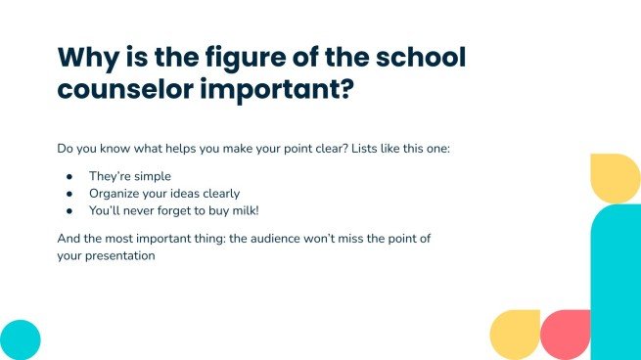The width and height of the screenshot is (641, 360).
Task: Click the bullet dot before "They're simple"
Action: pos(69,176)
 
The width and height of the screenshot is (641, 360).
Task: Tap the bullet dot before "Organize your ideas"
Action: pos(69,193)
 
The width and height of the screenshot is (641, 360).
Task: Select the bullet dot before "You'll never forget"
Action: pos(69,210)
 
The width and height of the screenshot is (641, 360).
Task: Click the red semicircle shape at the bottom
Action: pos(566,336)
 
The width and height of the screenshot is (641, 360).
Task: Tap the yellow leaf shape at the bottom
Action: pos(515,335)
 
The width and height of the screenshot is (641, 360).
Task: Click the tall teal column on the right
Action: pos(616,284)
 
